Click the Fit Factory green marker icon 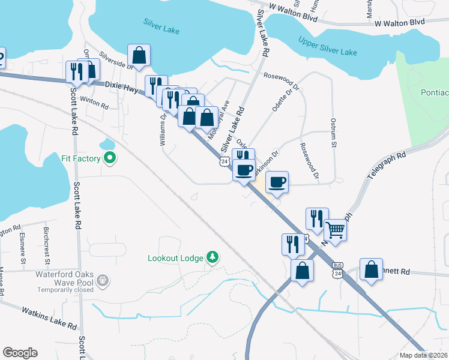[x=109, y=158]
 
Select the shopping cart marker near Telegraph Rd [x=336, y=229]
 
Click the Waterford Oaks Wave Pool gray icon [x=103, y=280]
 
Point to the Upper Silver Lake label [x=328, y=46]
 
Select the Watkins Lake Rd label [x=49, y=319]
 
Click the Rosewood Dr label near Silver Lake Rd [x=281, y=76]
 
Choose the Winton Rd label [x=94, y=104]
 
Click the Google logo [x=20, y=353]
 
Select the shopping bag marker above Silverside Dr [x=139, y=56]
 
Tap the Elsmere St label [x=23, y=248]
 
